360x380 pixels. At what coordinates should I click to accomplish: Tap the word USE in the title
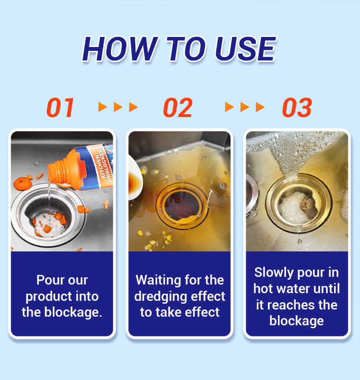[245, 49]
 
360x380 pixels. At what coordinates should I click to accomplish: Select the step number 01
[60, 107]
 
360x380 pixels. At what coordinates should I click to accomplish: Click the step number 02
[178, 107]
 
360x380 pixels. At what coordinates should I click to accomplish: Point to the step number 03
[297, 107]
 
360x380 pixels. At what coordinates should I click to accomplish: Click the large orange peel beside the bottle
[23, 184]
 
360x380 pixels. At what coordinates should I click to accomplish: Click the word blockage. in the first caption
[73, 312]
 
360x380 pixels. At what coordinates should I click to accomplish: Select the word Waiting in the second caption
[158, 280]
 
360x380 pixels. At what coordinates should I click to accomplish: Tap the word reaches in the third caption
[291, 305]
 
